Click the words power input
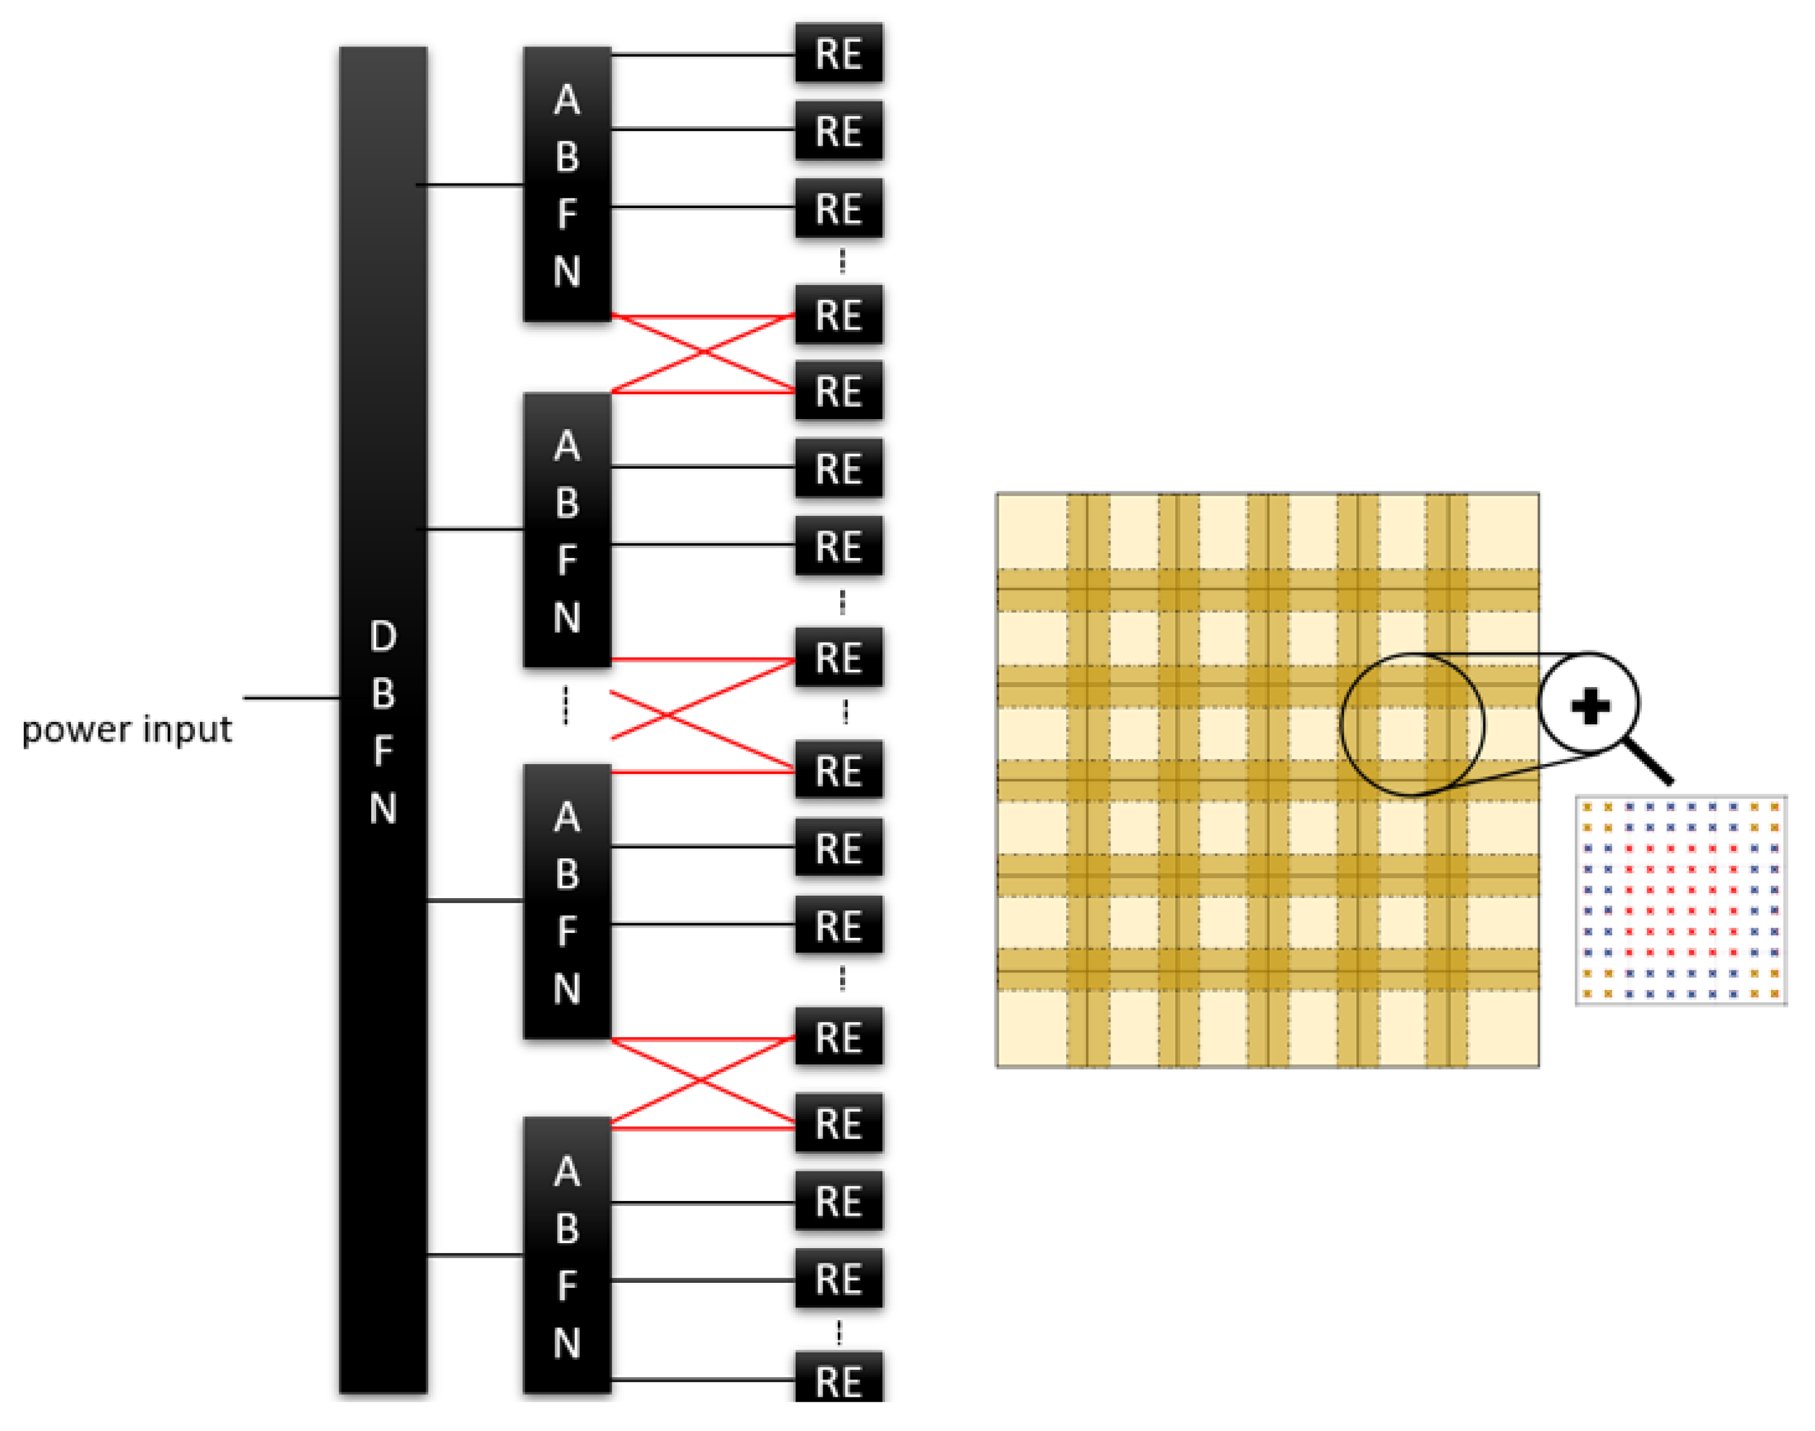125,730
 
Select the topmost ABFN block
567,184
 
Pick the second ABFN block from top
567,529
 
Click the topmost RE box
838,54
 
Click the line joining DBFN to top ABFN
473,184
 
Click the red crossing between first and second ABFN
703,354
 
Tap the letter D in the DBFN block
383,637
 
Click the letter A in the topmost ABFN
567,100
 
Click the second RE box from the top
838,132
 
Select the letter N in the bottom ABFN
567,1344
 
